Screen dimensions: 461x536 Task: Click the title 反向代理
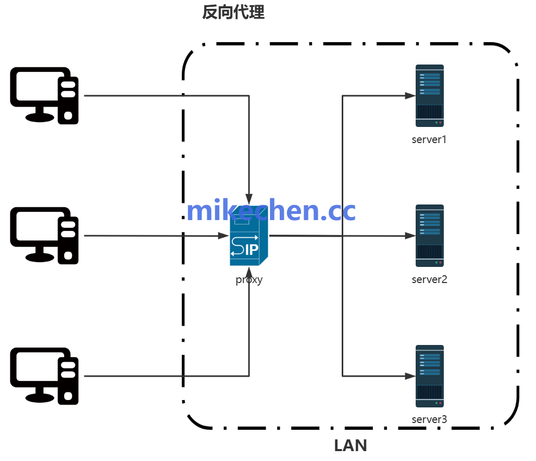tap(233, 12)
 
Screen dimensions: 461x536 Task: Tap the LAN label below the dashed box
tap(350, 446)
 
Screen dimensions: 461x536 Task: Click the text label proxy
tap(249, 279)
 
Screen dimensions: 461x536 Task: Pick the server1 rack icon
tap(429, 96)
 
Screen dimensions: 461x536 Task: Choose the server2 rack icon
tap(429, 236)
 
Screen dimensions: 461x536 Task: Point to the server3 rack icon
tap(429, 376)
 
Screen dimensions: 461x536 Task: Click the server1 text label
tap(429, 139)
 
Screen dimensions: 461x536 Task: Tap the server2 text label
tap(429, 279)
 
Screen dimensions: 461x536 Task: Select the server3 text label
tap(429, 419)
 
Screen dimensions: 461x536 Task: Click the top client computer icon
tap(44, 95)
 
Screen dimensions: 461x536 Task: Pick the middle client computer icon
tap(44, 235)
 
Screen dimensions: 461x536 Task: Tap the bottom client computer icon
tap(44, 376)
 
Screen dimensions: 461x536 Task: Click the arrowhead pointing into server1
tap(410, 96)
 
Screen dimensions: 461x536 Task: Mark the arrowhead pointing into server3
tap(410, 375)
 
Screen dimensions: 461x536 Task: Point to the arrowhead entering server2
tap(410, 236)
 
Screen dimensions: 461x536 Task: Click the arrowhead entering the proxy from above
tap(249, 199)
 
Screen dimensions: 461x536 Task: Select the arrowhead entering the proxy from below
tap(249, 272)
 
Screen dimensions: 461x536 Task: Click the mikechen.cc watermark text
tap(271, 211)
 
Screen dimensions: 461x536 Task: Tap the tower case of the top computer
tap(68, 100)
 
